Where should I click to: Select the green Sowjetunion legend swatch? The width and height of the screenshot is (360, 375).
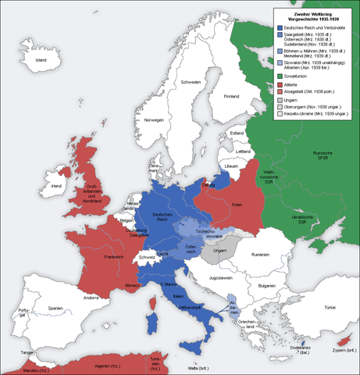coord(279,76)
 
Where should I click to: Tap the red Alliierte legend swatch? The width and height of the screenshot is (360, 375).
coord(279,84)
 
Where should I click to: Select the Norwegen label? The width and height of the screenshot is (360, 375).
coord(154,120)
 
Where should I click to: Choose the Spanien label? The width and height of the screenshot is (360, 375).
coord(55,309)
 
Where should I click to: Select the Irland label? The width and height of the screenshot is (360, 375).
coord(55,187)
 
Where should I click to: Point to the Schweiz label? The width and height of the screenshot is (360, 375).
coord(147,257)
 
